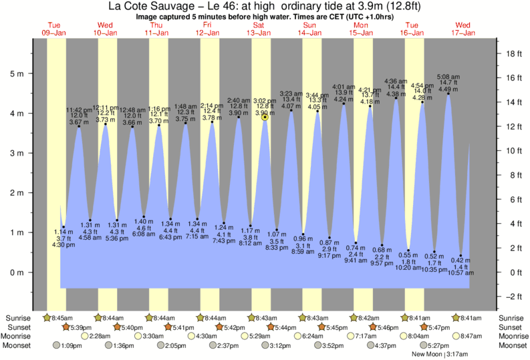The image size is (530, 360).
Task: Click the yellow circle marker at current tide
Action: coord(265,117)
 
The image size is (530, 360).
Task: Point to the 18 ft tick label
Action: coord(514,53)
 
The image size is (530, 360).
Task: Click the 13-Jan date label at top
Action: coord(258,33)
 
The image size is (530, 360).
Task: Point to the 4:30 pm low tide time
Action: coord(63,245)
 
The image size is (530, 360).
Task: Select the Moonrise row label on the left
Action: coord(20,336)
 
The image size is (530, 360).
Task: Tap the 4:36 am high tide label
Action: coord(396,81)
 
